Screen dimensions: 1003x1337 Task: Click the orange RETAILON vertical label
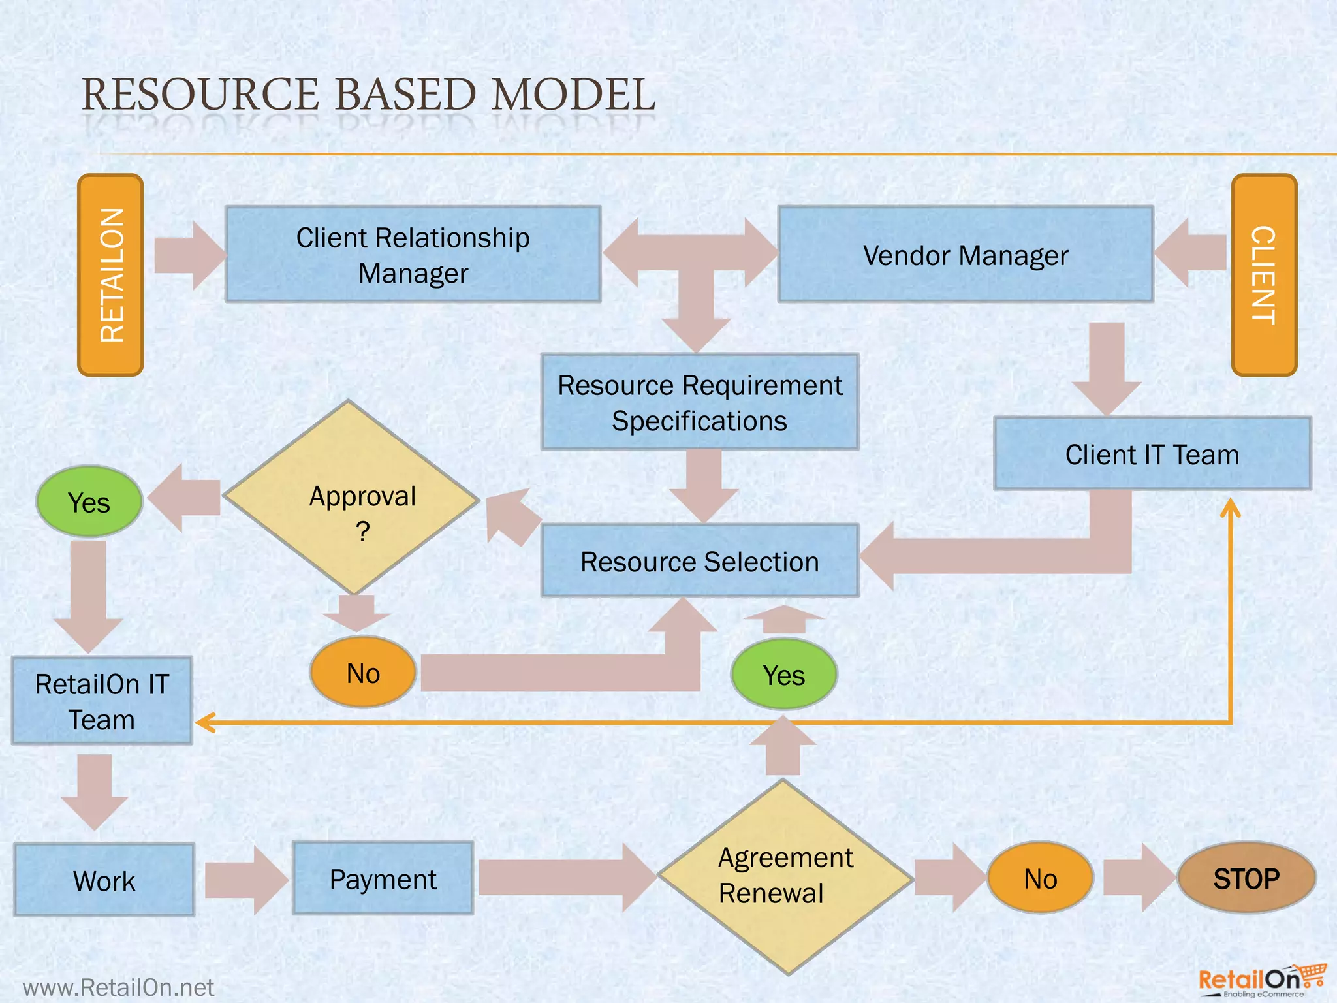click(x=110, y=275)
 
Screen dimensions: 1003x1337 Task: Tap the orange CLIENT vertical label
click(x=1264, y=275)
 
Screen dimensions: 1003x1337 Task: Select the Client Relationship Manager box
click(x=413, y=255)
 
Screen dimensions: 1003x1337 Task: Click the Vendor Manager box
click(x=966, y=255)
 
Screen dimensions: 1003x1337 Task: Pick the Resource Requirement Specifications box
click(x=700, y=402)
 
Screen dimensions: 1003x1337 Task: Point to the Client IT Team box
click(x=1152, y=454)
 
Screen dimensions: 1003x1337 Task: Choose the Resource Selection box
click(x=700, y=561)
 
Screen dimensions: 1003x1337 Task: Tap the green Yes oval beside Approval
click(x=89, y=501)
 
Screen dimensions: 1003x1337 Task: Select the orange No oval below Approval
click(x=363, y=673)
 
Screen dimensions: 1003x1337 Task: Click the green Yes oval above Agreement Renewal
click(x=783, y=674)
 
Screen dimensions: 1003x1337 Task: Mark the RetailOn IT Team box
click(x=102, y=701)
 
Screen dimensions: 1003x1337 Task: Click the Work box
click(x=104, y=880)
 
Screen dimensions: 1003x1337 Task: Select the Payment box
click(x=383, y=878)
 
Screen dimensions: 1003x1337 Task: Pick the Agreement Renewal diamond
click(x=785, y=876)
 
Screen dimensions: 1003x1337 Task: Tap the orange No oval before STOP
click(x=1040, y=878)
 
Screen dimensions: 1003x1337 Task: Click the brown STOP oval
click(x=1246, y=878)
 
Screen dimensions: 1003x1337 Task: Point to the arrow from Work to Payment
click(x=245, y=880)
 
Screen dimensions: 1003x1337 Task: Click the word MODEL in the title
click(x=573, y=95)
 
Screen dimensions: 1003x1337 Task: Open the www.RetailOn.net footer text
click(x=118, y=987)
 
